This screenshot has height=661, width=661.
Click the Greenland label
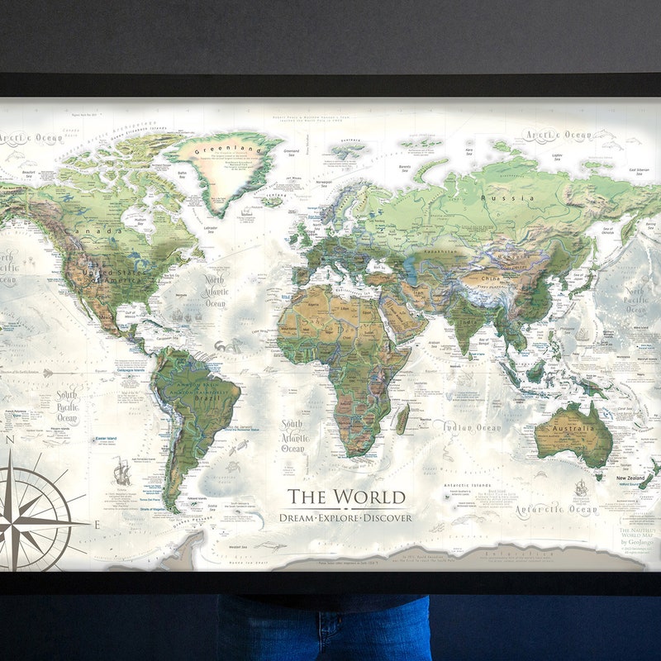[226, 150]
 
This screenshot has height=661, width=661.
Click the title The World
[346, 497]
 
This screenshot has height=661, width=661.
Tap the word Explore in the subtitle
[345, 518]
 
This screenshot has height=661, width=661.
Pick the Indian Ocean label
[471, 427]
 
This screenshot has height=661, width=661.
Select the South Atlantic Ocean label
[292, 436]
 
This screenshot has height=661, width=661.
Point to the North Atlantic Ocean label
[215, 292]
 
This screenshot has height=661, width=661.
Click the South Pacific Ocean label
[66, 407]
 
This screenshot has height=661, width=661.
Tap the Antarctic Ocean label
[555, 511]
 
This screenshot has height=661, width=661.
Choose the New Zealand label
[630, 478]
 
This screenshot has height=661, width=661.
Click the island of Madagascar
[402, 419]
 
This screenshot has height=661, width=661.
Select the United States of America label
[118, 276]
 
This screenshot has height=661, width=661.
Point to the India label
[468, 321]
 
